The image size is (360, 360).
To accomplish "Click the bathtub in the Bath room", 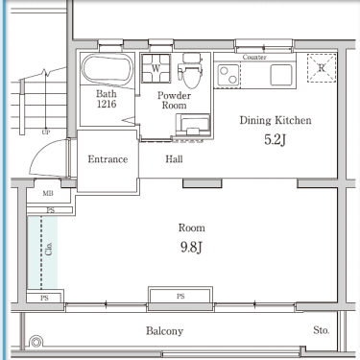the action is [108, 70].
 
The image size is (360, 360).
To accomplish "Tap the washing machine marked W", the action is [156, 68].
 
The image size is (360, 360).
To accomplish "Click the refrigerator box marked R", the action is [322, 68].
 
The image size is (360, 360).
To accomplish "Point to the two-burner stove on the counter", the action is [228, 75].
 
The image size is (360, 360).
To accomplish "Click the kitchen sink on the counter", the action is [281, 75].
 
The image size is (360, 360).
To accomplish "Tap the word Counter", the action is [254, 58].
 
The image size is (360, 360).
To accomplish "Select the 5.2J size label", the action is [275, 139].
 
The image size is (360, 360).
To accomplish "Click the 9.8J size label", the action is [191, 247].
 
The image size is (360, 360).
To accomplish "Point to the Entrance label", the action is [108, 159].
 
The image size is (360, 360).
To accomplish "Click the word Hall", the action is [174, 159].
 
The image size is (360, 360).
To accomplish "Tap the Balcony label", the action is [164, 331].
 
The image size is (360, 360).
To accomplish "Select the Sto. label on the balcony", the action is [322, 330].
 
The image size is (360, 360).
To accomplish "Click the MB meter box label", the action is [48, 193].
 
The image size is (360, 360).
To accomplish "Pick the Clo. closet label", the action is [49, 249].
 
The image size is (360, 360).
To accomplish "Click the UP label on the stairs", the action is [46, 132].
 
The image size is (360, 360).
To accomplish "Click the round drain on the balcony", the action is [36, 342].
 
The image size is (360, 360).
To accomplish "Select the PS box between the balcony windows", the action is [180, 296].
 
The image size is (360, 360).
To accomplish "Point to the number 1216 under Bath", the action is [107, 104].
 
